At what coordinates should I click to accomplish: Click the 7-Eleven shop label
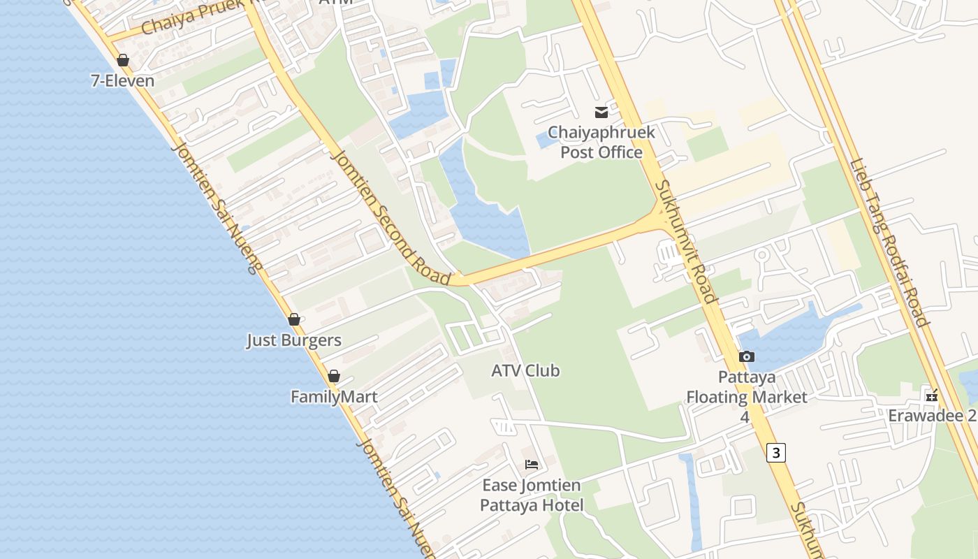[x=122, y=80]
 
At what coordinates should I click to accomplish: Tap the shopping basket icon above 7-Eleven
[x=123, y=60]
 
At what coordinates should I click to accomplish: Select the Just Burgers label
[x=293, y=340]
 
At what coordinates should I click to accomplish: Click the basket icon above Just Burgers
[x=294, y=319]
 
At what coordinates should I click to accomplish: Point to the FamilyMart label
[x=334, y=397]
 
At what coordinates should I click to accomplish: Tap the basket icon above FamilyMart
[x=334, y=376]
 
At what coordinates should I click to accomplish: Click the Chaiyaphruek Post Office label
[x=601, y=142]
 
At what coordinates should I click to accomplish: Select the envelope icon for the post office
[x=601, y=112]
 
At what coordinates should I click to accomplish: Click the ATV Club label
[x=525, y=370]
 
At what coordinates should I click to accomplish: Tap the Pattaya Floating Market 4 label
[x=746, y=397]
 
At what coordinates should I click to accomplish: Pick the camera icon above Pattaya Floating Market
[x=746, y=357]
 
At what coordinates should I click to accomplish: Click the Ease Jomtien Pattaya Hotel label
[x=532, y=495]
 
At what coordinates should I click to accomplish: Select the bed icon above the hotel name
[x=532, y=465]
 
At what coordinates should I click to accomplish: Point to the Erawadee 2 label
[x=932, y=416]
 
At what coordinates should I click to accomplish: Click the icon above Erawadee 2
[x=931, y=395]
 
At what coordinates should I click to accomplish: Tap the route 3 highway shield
[x=775, y=453]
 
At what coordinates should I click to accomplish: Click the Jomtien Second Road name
[x=391, y=217]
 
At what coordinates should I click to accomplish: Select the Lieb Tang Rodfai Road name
[x=888, y=243]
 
